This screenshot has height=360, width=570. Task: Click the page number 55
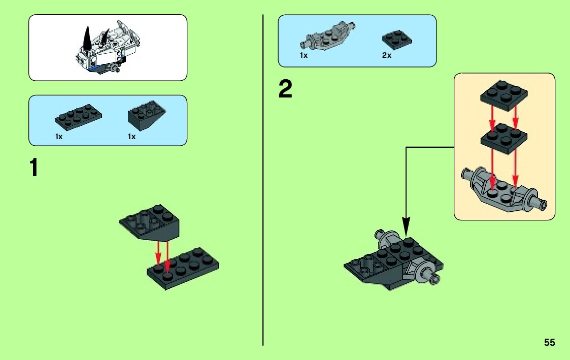click(x=549, y=342)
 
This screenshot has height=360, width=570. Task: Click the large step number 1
click(x=34, y=169)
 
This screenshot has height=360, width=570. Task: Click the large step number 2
click(x=285, y=90)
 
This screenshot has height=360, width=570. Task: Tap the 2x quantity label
click(x=387, y=55)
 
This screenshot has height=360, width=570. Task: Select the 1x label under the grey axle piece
click(x=304, y=55)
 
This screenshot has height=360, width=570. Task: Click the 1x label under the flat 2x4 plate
click(x=59, y=137)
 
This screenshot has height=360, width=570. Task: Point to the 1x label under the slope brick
click(x=132, y=137)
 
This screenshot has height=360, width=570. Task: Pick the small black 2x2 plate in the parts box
click(x=396, y=39)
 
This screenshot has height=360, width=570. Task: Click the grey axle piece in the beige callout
click(x=502, y=190)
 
